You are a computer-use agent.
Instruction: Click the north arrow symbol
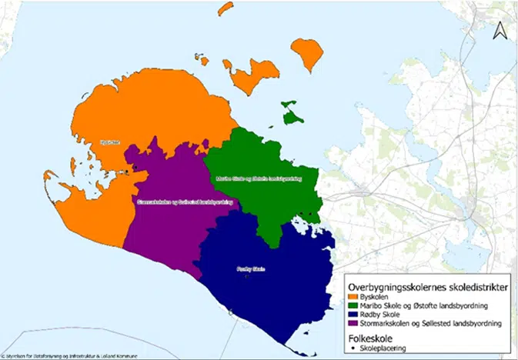click(x=499, y=30)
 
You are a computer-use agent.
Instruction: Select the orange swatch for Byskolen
click(x=353, y=296)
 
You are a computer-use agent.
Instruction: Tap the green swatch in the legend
click(x=353, y=305)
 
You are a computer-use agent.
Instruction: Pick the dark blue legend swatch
click(x=353, y=315)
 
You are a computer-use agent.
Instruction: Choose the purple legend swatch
click(x=353, y=324)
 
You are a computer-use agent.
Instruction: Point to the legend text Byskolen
click(x=377, y=296)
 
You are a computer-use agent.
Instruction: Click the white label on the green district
click(x=262, y=178)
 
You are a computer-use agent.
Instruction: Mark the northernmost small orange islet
click(x=225, y=8)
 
